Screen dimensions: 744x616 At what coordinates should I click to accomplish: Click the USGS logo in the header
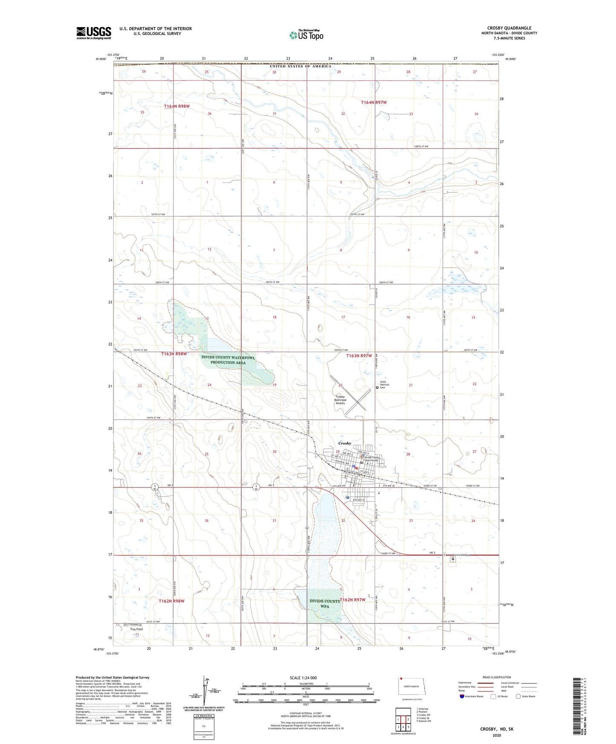93,33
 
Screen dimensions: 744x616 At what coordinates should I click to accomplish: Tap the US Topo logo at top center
306,35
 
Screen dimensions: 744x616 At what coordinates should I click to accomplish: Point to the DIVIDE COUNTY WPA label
325,603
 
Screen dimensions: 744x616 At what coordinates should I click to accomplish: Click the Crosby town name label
344,443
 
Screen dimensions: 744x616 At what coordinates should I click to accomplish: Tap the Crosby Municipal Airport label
340,400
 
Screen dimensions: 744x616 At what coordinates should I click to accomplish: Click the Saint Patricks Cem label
385,385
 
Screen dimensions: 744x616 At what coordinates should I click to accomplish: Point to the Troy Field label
136,629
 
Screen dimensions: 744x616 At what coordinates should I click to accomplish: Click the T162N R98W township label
171,601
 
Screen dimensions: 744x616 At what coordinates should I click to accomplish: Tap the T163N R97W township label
359,355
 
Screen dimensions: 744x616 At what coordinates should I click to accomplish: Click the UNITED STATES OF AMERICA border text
300,66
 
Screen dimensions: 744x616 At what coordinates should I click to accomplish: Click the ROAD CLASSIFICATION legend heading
497,677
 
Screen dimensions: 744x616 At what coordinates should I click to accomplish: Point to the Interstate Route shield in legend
463,696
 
